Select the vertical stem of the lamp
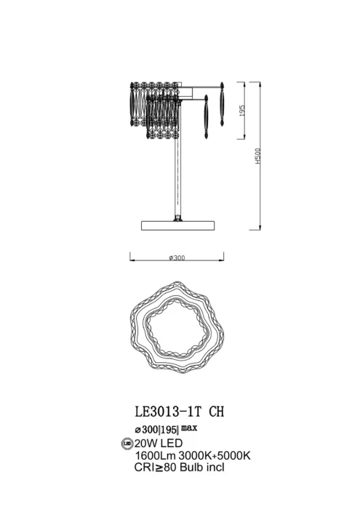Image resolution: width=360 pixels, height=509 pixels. pos(176,175)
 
